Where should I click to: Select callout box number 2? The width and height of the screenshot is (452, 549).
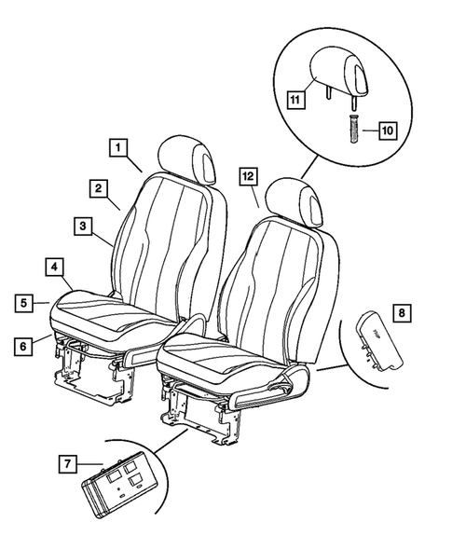97,187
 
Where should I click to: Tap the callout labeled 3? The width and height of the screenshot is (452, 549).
83,226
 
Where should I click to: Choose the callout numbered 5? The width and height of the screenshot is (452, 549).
26,302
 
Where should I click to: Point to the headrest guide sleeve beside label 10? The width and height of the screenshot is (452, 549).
353,127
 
